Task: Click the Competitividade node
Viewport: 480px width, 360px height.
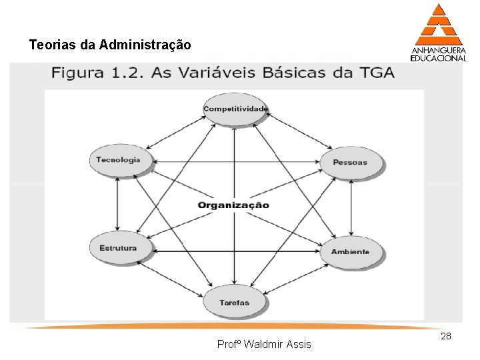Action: click(235, 109)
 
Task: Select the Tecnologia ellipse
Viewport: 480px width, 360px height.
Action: click(118, 160)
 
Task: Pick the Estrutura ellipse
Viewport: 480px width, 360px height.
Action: click(118, 248)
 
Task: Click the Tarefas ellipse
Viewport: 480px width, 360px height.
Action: click(235, 303)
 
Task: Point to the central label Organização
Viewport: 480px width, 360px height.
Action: click(233, 205)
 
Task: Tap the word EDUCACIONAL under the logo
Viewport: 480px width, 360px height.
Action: click(438, 58)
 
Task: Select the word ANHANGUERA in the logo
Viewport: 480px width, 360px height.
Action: click(438, 49)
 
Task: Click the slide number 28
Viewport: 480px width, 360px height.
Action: click(446, 337)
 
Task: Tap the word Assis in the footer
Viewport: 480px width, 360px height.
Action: click(301, 345)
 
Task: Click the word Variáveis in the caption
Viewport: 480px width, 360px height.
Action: click(214, 73)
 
